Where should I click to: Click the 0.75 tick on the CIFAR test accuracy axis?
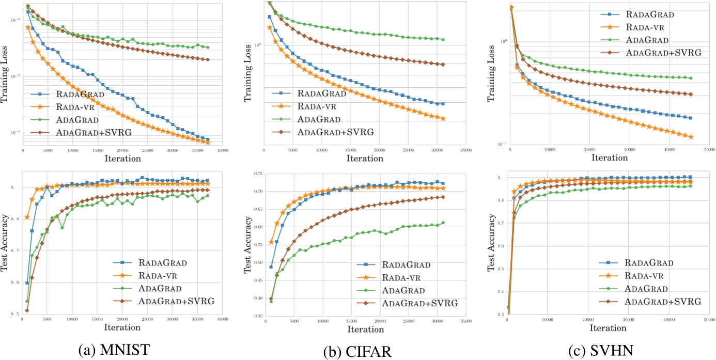tap(255, 173)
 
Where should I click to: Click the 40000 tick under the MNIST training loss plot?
tap(223, 150)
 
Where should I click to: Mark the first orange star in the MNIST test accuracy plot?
tap(27, 217)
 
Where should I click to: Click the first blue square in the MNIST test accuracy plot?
tap(27, 283)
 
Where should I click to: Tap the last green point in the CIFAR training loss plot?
tap(443, 39)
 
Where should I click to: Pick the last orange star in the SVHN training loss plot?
tap(691, 137)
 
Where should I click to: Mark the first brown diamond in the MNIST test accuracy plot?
tap(27, 310)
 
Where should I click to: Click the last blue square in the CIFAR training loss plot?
tap(443, 104)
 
